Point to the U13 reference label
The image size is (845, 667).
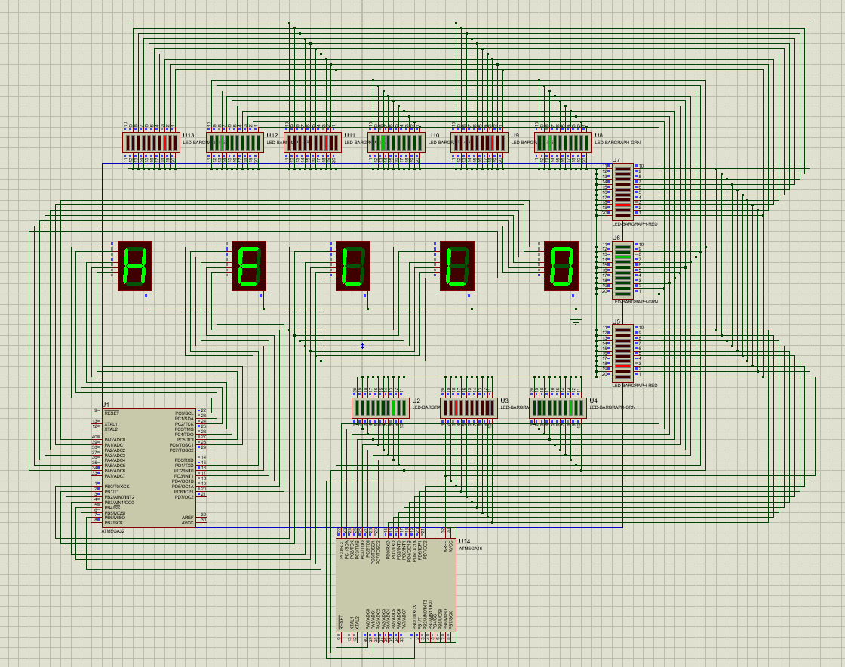(189, 136)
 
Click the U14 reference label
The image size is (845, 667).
(465, 542)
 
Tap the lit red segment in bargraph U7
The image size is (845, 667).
(622, 205)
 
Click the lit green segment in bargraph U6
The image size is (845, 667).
(622, 257)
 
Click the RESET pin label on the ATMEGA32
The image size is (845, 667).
(112, 413)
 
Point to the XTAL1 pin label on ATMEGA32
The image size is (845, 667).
(112, 424)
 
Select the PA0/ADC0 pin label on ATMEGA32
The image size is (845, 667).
(115, 440)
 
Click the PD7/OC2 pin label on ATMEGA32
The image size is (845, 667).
(184, 497)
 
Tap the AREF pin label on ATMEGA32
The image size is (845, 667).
(188, 517)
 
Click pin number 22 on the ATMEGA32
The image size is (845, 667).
(204, 410)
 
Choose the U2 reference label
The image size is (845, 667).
(416, 401)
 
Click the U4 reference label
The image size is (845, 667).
(594, 401)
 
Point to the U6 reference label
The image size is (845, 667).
(616, 238)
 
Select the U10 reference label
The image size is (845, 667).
(433, 136)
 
